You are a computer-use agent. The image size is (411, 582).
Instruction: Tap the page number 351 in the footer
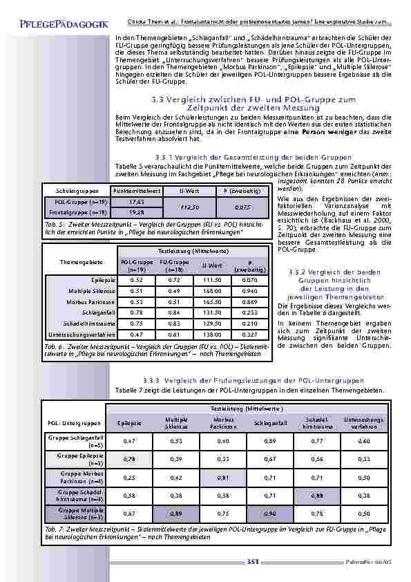pos(252,562)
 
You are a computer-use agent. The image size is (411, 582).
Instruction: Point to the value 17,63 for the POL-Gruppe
pos(137,201)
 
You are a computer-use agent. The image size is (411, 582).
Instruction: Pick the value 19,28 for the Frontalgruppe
pos(137,212)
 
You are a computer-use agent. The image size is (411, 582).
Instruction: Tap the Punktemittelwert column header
pos(137,190)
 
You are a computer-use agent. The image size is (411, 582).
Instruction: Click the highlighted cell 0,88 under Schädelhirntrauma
pos(318,496)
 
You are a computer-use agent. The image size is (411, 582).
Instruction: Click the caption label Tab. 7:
pos(54,529)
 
